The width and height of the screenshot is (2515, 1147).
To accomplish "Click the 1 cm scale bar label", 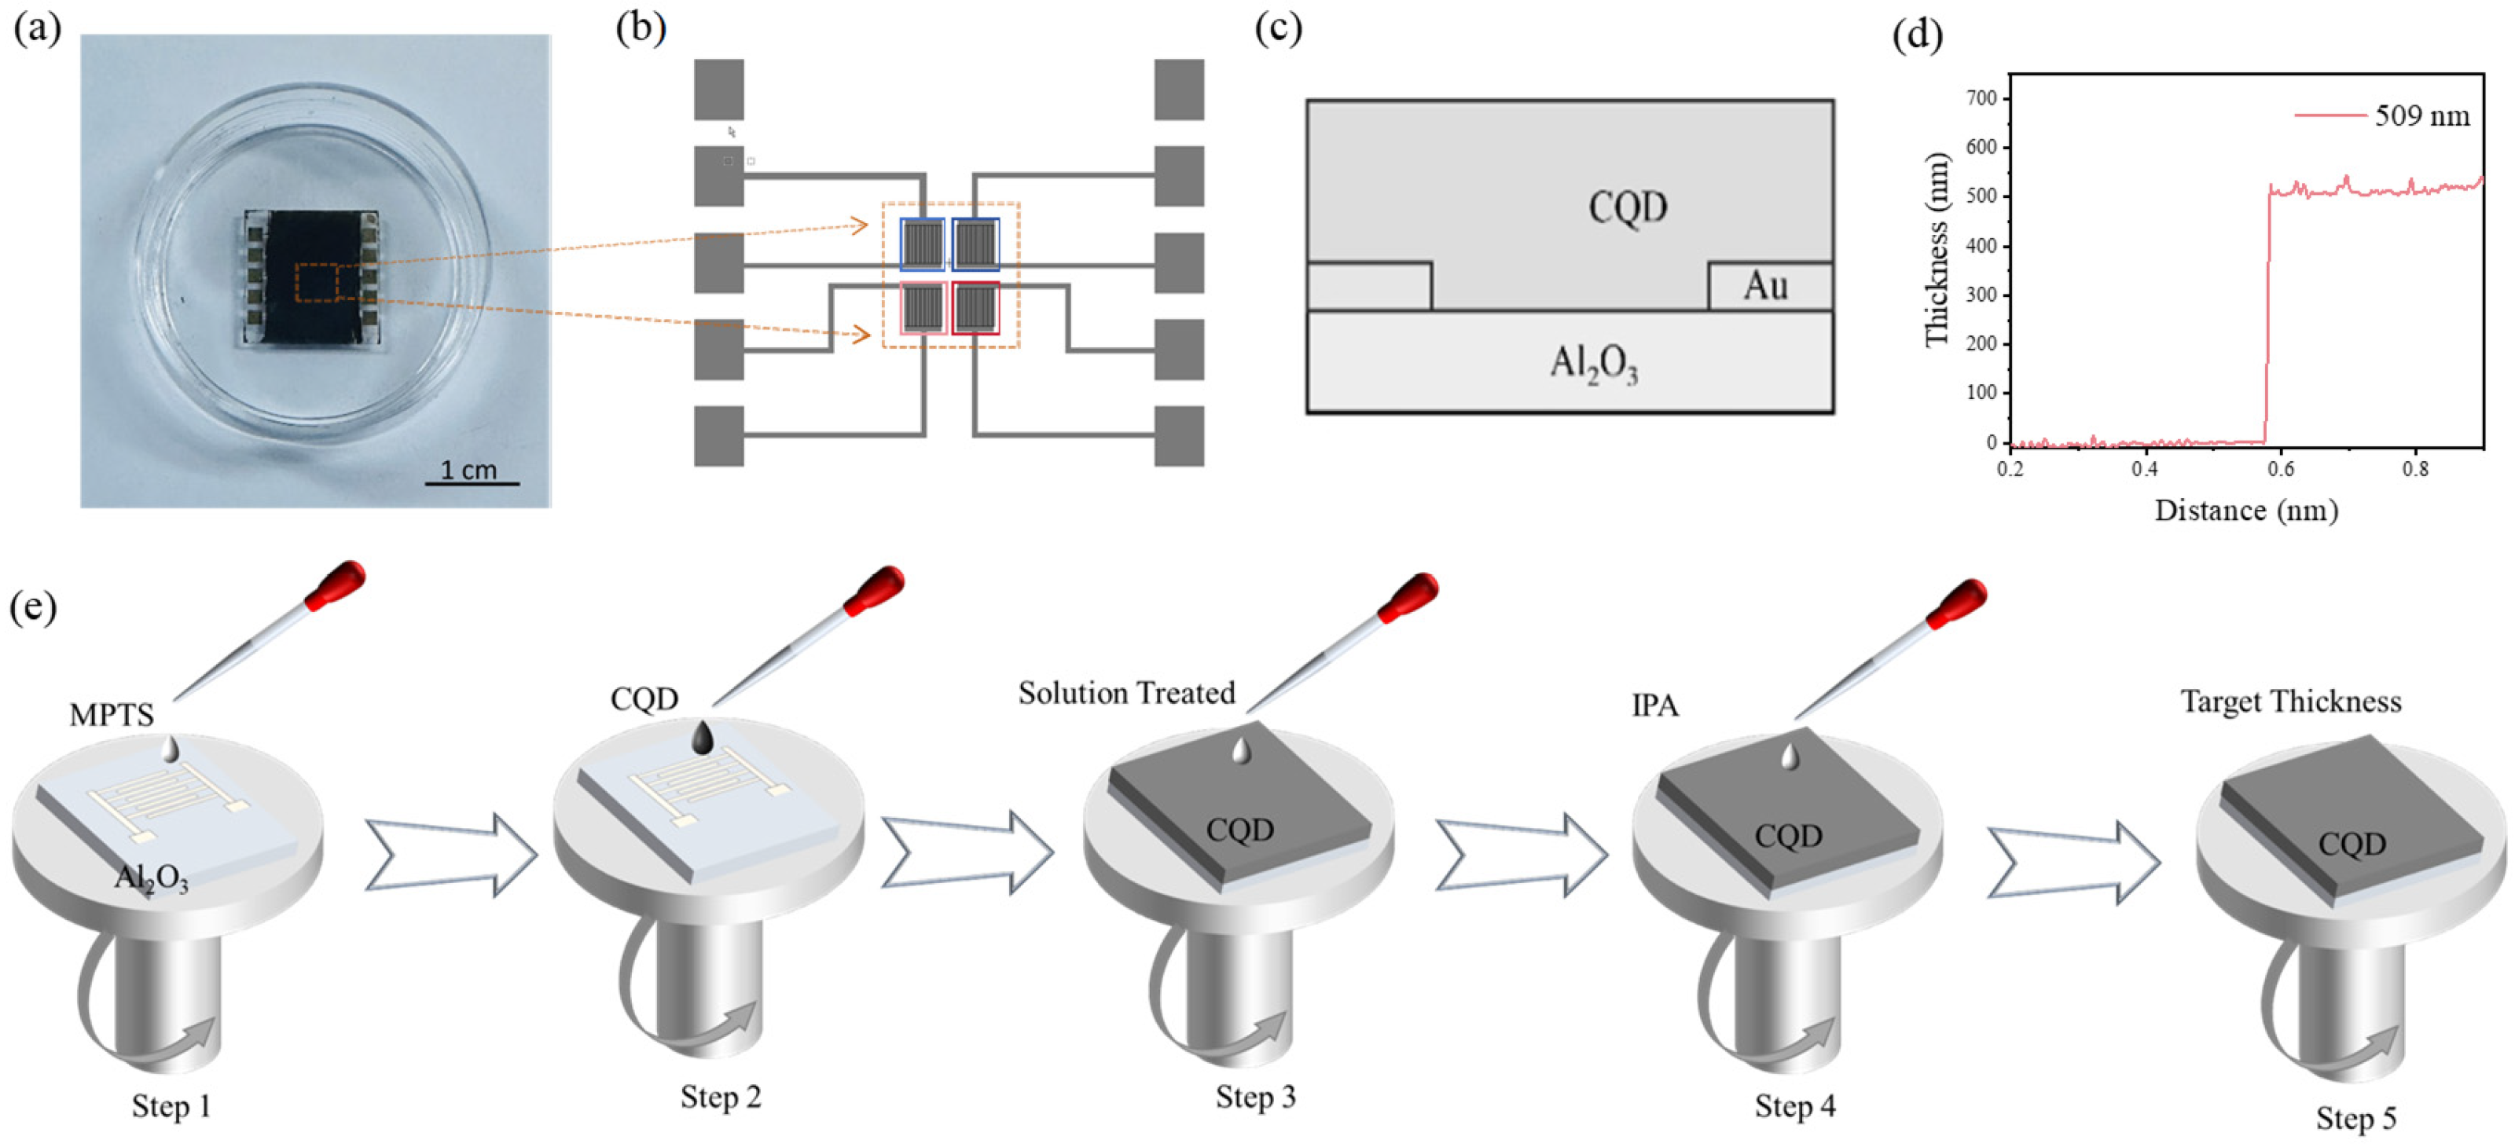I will (x=468, y=470).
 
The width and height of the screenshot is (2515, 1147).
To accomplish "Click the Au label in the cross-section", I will (x=1765, y=286).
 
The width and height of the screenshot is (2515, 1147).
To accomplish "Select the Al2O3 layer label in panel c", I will (x=1593, y=363).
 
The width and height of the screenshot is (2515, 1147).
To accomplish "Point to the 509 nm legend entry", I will (x=2421, y=116).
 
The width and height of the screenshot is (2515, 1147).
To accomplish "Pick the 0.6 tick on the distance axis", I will (x=2281, y=468).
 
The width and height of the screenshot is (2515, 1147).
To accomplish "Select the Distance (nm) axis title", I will (x=2245, y=511).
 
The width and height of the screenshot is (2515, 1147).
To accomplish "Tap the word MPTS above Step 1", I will (x=112, y=716).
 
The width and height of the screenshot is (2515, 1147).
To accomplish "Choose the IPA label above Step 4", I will (x=1655, y=705).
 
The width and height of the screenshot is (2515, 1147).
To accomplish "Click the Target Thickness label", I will (x=2290, y=702).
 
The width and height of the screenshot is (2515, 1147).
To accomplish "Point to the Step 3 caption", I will (x=1256, y=1098).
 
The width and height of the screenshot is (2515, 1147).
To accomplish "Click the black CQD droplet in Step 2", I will (x=703, y=737).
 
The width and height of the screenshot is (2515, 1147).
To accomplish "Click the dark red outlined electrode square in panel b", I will (x=975, y=307).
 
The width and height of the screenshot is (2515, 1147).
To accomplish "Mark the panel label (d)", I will (x=1917, y=35).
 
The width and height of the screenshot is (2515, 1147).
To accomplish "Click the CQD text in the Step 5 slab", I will (x=2352, y=844).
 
